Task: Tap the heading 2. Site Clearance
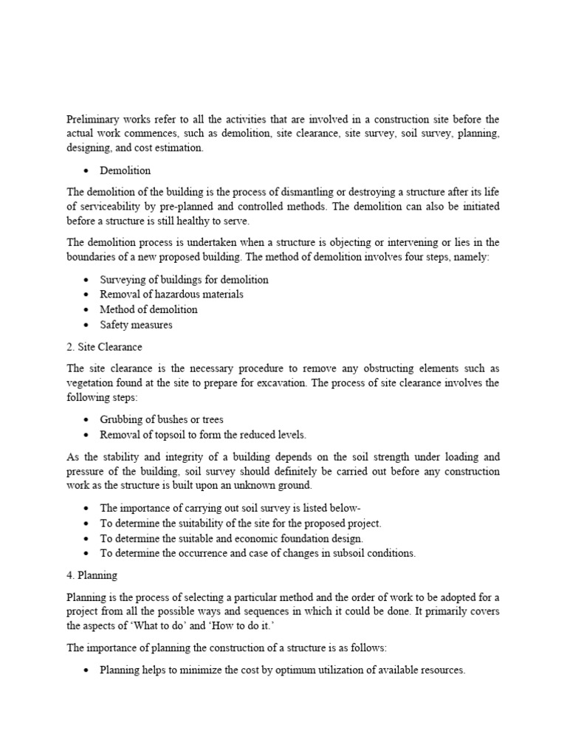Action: coord(104,346)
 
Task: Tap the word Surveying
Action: coord(123,280)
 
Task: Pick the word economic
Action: coord(247,538)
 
